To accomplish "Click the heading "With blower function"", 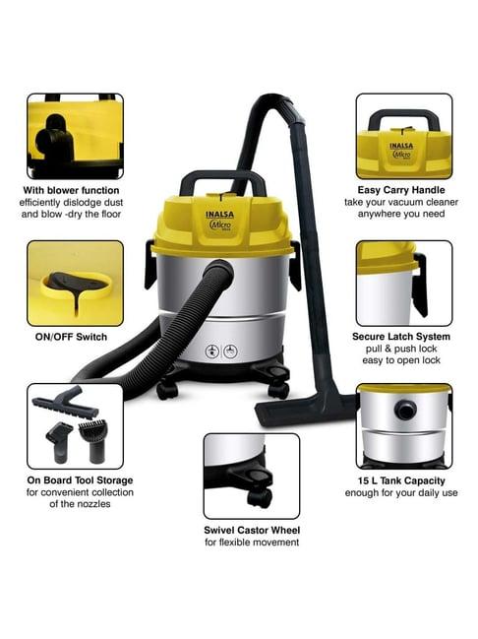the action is [x=71, y=190].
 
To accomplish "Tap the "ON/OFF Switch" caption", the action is [x=71, y=337].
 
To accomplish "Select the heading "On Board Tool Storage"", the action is [x=81, y=480].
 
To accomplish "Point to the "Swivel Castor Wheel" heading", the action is [x=252, y=530].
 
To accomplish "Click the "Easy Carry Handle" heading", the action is [x=401, y=190].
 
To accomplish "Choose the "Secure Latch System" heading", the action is [x=401, y=337].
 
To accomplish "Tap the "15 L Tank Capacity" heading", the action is [x=401, y=480].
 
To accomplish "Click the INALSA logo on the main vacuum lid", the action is [x=219, y=215].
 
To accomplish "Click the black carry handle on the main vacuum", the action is [x=222, y=179].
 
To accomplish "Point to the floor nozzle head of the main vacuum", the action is [x=303, y=410].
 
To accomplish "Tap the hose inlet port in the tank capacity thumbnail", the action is [x=405, y=410].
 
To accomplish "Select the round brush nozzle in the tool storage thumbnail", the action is [x=93, y=441].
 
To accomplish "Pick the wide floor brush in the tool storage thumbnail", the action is [x=65, y=402].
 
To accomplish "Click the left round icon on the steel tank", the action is [x=212, y=351].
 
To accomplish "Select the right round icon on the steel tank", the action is [x=231, y=351].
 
